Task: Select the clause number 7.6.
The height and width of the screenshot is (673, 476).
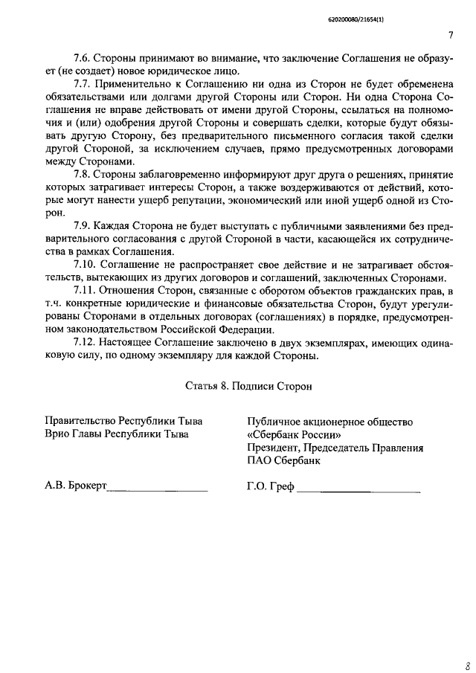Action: point(84,58)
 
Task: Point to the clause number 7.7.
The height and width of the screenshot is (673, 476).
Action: point(84,85)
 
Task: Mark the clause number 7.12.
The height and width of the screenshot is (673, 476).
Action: point(86,342)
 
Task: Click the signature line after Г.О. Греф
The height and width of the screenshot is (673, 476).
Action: point(358,492)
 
